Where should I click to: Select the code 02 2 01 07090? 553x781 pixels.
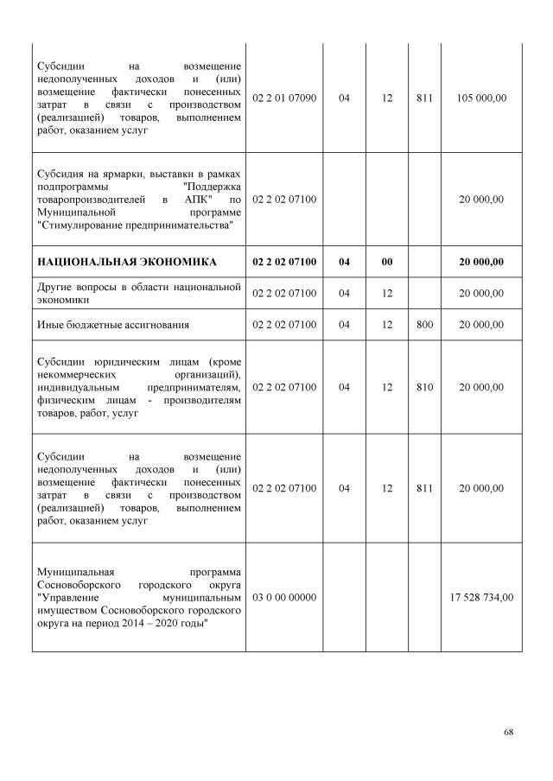point(284,98)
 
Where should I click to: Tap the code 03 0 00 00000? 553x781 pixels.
point(284,597)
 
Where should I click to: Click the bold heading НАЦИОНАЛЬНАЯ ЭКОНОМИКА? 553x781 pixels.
point(126,262)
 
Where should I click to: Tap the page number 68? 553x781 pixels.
point(509,732)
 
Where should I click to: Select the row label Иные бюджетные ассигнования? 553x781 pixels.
point(113,325)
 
